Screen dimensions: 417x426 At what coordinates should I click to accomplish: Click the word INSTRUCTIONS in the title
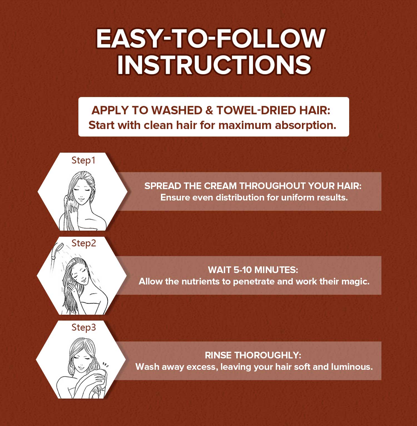click(214, 65)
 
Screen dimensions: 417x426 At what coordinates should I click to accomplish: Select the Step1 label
click(83, 161)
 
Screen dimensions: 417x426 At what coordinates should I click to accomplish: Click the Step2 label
click(84, 244)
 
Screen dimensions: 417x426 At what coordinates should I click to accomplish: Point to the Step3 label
click(84, 328)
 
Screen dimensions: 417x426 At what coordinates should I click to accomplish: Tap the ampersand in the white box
click(209, 110)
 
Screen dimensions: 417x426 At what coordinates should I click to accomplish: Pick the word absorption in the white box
click(306, 126)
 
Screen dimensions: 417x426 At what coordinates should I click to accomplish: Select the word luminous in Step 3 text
click(352, 367)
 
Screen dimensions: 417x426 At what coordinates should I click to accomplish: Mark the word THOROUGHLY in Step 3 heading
click(267, 355)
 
